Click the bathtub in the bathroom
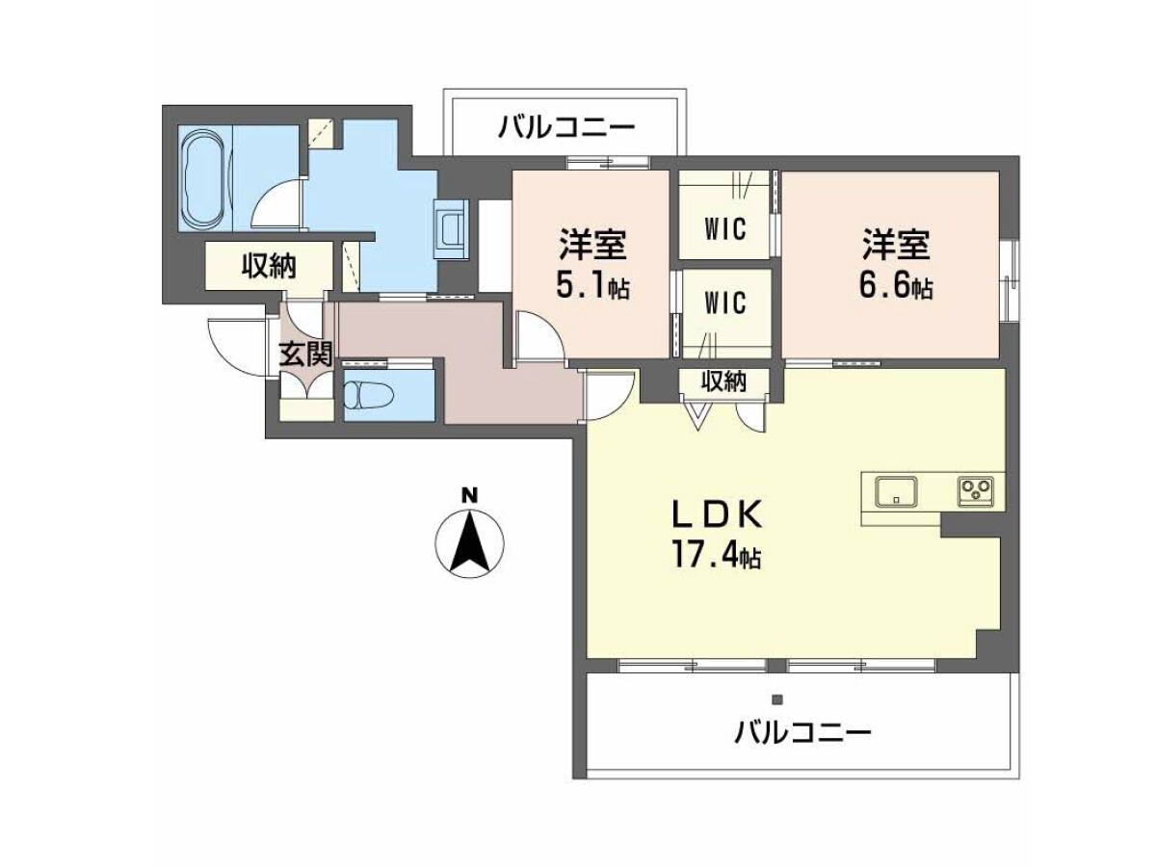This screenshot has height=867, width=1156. [205, 177]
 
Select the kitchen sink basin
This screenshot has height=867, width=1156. [896, 490]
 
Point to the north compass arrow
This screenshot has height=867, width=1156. [470, 540]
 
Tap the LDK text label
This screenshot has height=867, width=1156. [718, 514]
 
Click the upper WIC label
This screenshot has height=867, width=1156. [725, 228]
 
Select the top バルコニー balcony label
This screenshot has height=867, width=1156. [567, 127]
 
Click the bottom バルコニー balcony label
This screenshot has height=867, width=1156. [802, 732]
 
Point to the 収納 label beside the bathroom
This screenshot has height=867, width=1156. [269, 266]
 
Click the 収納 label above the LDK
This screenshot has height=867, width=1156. [724, 381]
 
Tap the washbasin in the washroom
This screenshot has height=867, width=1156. [452, 229]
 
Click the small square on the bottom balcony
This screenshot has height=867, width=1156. [776, 699]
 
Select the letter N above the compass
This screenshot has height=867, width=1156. [469, 495]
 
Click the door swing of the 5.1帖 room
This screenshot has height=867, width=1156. [540, 337]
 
